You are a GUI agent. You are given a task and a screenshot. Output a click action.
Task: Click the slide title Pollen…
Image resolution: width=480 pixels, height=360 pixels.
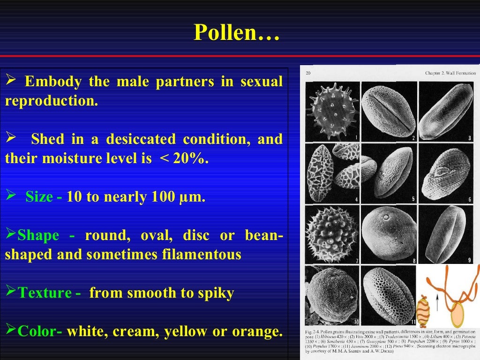[237, 33]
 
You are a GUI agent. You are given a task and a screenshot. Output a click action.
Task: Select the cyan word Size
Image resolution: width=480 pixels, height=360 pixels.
[39, 197]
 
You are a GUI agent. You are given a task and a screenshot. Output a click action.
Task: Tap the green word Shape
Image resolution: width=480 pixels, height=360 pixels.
[38, 235]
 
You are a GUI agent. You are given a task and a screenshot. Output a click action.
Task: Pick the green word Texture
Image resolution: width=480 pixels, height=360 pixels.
[44, 293]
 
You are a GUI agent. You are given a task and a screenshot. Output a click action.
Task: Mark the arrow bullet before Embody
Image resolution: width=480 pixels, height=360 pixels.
[11, 82]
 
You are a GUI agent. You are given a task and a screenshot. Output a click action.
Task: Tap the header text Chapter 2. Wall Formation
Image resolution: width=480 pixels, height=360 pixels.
[450, 73]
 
